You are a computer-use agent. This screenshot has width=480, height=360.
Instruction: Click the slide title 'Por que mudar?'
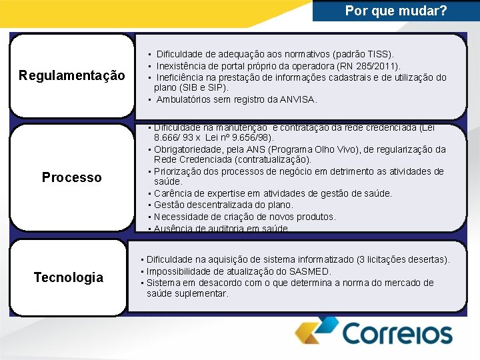tap(396, 11)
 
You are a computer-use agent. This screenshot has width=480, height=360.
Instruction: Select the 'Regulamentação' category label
tap(71, 75)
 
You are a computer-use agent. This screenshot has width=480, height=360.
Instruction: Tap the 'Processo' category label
tap(71, 177)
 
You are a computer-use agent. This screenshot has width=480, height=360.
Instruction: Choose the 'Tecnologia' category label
tap(68, 277)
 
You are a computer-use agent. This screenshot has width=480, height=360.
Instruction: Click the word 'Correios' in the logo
tap(397, 333)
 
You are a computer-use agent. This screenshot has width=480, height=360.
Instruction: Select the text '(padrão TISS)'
tap(365, 53)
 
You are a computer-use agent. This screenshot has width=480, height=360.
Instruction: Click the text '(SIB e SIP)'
tap(203, 87)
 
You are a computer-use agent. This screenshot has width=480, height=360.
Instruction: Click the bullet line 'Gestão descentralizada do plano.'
tap(223, 205)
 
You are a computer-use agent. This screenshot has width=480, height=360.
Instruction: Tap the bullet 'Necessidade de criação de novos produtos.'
tap(244, 217)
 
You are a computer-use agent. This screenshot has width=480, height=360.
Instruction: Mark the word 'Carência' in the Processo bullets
tap(173, 193)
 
